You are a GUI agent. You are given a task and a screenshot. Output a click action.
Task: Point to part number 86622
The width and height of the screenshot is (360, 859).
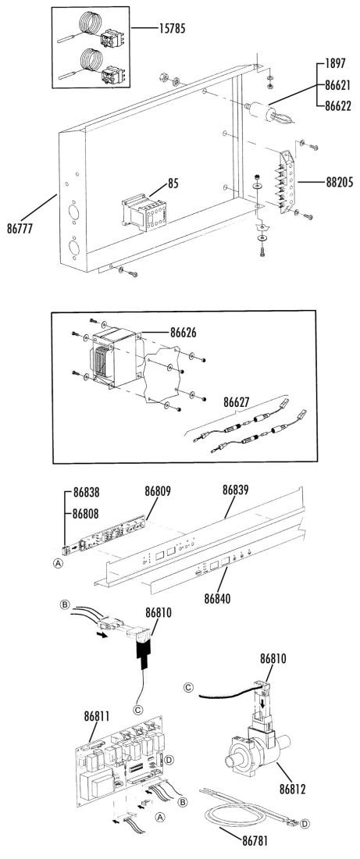[337, 106]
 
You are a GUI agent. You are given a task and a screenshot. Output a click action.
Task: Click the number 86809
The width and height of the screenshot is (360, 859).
[158, 491]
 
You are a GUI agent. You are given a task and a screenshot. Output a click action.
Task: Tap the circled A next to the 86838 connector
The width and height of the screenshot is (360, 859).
[57, 563]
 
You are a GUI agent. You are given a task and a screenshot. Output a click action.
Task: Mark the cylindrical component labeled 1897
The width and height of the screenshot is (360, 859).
[262, 114]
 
